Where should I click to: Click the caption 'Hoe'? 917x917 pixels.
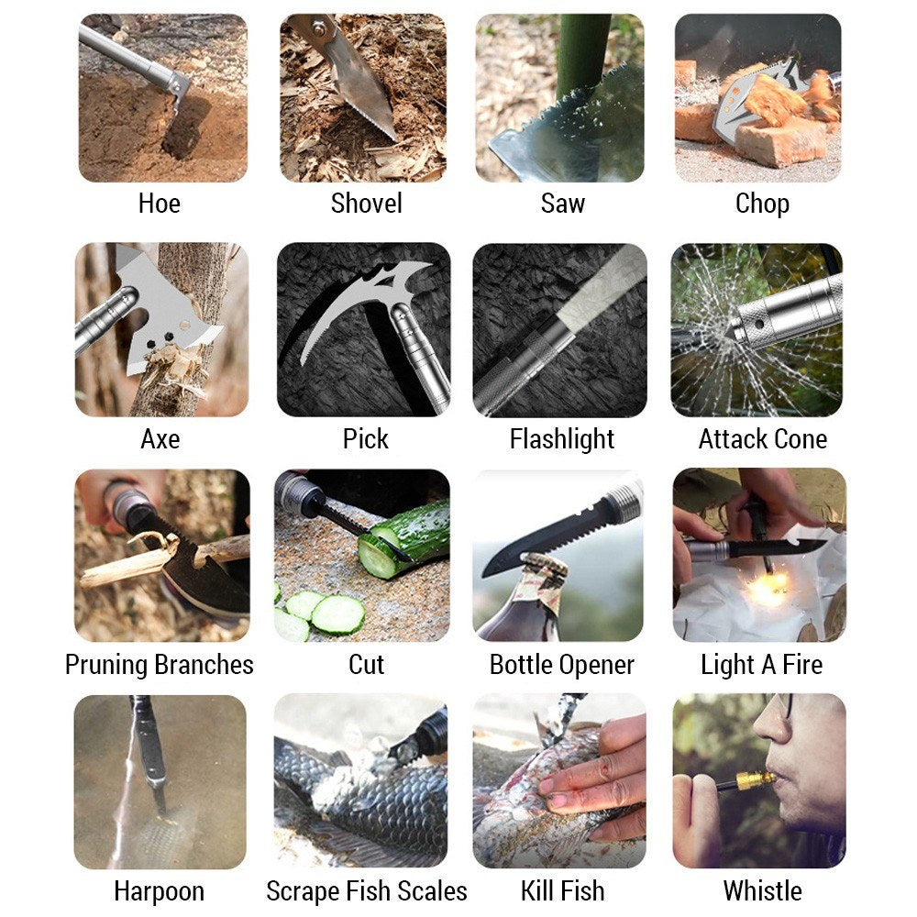(x=159, y=204)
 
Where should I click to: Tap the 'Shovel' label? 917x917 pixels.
(x=366, y=204)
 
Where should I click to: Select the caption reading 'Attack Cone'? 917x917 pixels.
(x=763, y=438)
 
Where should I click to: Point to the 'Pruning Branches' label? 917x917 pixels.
(x=159, y=665)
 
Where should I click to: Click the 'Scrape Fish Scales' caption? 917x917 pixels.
(x=367, y=891)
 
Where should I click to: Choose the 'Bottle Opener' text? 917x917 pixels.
(x=562, y=665)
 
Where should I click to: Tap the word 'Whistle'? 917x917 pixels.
(x=763, y=891)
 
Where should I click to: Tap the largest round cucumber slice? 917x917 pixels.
(x=338, y=614)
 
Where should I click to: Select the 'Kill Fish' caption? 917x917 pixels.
(x=563, y=891)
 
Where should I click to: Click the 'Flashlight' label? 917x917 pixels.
(x=562, y=439)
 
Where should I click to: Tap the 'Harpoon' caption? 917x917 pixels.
(x=159, y=892)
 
